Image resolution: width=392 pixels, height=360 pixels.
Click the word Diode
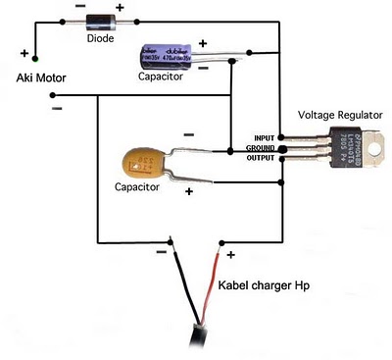pos(100,40)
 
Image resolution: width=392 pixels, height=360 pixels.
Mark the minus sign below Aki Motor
pos(56,109)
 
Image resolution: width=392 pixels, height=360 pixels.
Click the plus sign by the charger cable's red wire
pos(231,256)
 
